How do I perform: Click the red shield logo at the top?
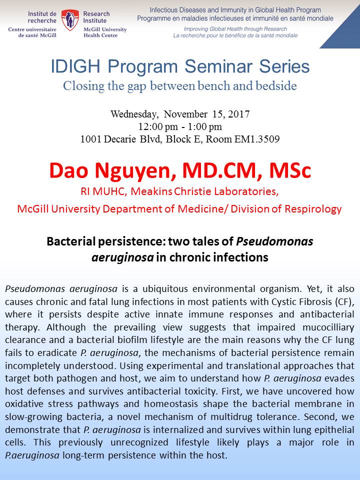(70, 20)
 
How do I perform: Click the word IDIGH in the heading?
(75, 66)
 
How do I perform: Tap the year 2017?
(239, 114)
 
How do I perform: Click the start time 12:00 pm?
(158, 126)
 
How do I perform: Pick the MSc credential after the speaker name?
(290, 170)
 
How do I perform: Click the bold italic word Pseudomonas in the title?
(274, 241)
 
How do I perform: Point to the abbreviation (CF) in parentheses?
(344, 302)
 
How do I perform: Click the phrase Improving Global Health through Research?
(235, 29)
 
